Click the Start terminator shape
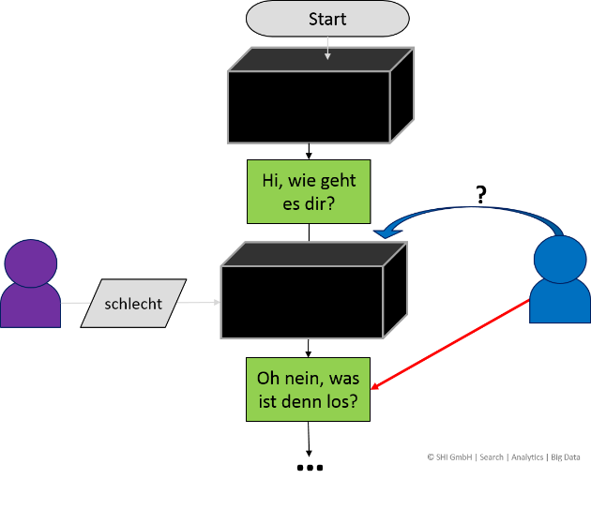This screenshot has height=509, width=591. [x=326, y=19]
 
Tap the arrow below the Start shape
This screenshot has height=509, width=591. [x=327, y=49]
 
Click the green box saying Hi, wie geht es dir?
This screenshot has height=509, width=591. [x=308, y=192]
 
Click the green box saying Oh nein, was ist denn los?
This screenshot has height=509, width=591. [x=308, y=390]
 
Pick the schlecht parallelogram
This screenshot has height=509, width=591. [x=133, y=304]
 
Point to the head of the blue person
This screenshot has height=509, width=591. [x=560, y=256]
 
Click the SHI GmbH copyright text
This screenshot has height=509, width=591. [x=449, y=457]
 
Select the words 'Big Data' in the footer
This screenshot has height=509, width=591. [x=566, y=457]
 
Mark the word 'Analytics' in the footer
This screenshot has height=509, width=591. [x=527, y=457]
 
